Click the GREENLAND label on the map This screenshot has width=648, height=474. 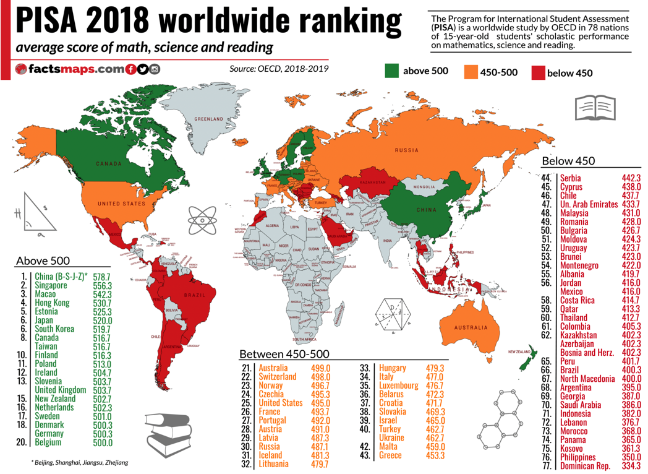pos(208,119)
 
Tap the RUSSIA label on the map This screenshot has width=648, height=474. pos(407,150)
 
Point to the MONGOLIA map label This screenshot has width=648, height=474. pos(424,187)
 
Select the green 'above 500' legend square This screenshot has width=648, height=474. pos(391,71)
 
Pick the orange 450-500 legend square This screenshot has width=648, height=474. pos(471,72)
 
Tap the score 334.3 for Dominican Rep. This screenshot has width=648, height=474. pos(631,465)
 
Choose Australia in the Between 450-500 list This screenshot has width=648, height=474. pos(273,368)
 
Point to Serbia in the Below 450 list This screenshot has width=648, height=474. pos(570,178)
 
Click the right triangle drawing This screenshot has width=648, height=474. pos(36,213)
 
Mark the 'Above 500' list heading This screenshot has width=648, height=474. pos(43,261)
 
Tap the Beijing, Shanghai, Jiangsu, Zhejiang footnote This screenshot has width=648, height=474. pos(79,462)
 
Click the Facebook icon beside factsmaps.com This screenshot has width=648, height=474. pos(131,69)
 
